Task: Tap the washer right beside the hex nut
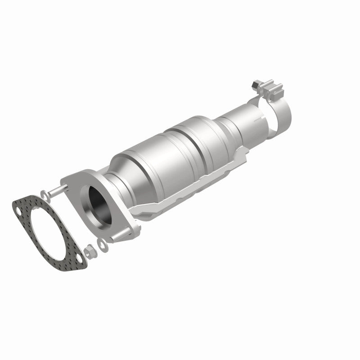tap(102, 245)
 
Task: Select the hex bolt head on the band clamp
tap(256, 83)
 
